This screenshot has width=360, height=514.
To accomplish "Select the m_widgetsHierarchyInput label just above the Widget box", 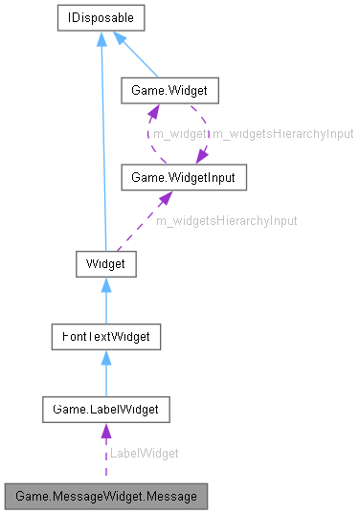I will click(226, 220).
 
